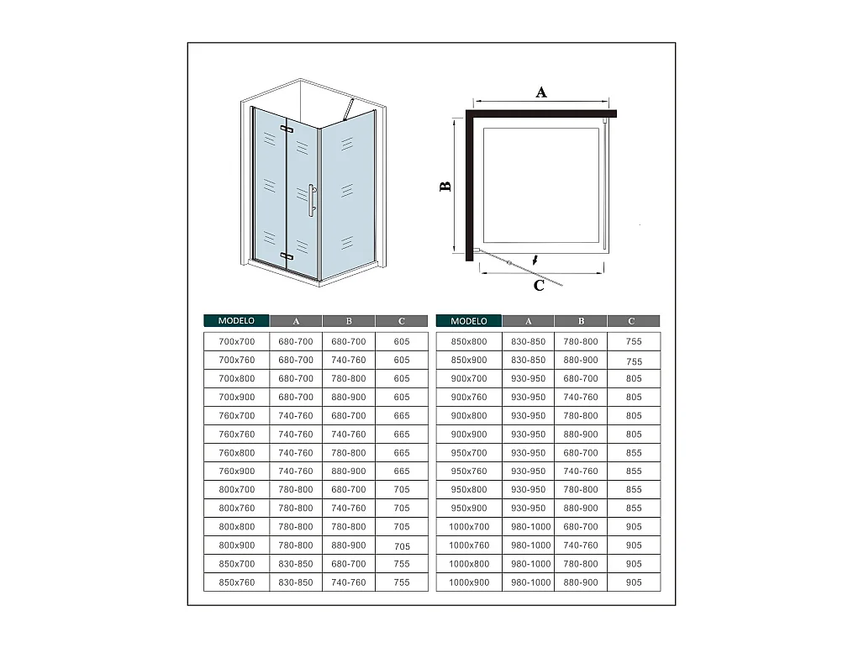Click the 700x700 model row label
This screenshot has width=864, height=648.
coord(236,341)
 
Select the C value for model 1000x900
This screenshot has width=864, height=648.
coord(634,582)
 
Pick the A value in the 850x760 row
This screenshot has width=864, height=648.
coord(296,582)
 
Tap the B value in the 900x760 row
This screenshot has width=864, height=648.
coord(581,397)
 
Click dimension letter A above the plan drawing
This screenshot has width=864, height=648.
coord(541,92)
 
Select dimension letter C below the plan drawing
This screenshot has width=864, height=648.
coord(540,286)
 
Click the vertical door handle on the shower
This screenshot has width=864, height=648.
coord(311,200)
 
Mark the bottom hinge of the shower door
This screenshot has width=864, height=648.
coord(287,256)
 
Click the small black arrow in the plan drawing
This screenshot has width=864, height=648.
coord(535,259)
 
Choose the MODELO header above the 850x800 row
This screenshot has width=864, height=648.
coord(469,321)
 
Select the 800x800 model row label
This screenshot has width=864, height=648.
coord(236,527)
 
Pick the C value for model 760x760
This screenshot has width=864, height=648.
coord(402,435)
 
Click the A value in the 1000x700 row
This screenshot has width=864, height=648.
coord(529,527)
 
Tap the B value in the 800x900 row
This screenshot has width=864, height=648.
coord(349,545)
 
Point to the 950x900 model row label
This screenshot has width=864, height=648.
coord(469,508)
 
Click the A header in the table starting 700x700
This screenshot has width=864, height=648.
coord(296,321)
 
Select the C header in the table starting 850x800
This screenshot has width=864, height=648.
coord(632,321)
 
